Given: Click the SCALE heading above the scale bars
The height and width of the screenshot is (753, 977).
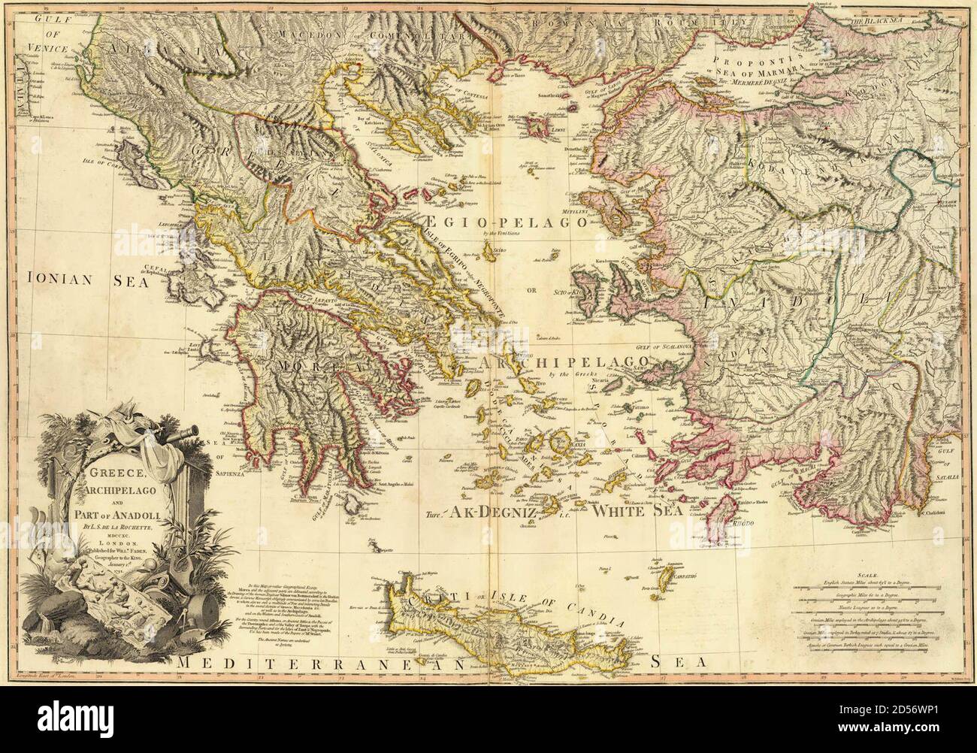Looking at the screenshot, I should pyautogui.click(x=875, y=573).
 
